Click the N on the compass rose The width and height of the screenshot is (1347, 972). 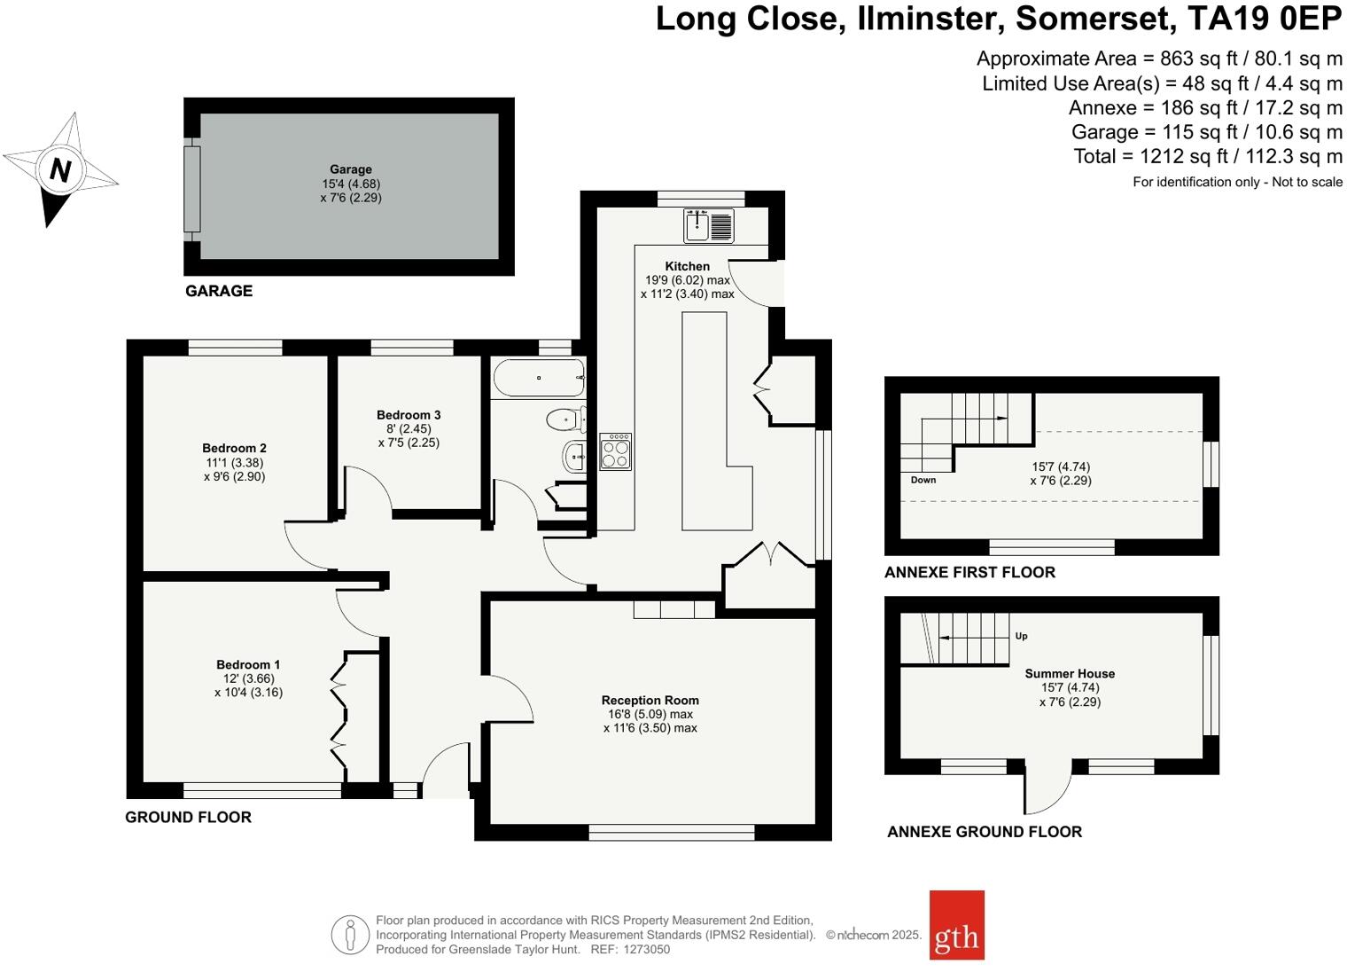[x=60, y=169]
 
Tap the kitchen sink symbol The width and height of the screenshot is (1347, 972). [x=709, y=225]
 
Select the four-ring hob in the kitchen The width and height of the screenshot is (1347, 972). [x=615, y=451]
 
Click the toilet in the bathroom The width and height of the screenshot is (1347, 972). [x=566, y=419]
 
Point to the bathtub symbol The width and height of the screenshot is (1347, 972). [x=539, y=378]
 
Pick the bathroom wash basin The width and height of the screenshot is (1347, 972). [x=574, y=457]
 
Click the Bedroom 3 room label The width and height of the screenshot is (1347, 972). [x=409, y=415]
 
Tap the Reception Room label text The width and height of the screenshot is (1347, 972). [x=650, y=700]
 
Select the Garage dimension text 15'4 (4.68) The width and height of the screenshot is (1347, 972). [x=351, y=184]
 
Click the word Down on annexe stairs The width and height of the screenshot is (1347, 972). [x=923, y=480]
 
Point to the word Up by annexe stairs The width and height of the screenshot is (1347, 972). [x=1021, y=636]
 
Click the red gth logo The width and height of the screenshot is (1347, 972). [x=957, y=925]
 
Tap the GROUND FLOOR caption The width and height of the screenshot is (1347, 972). [x=188, y=817]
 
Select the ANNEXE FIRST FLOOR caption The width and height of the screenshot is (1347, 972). [x=969, y=572]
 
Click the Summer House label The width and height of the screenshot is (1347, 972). [x=1070, y=673]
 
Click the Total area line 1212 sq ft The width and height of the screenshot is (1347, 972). [x=1208, y=156]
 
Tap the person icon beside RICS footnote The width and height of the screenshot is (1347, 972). [x=350, y=935]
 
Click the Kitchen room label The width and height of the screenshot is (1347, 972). [x=688, y=266]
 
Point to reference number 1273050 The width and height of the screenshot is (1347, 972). [x=646, y=949]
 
